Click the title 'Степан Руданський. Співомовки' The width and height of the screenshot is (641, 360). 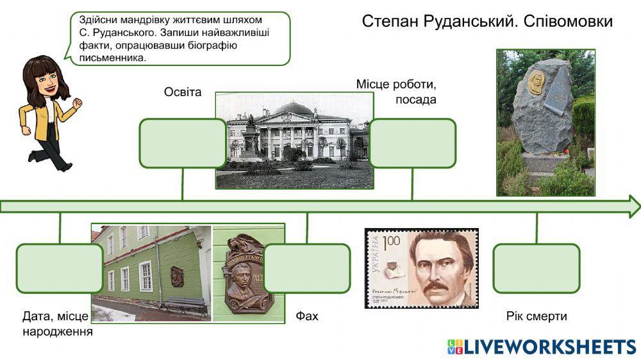487,21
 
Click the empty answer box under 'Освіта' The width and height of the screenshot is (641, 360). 183,143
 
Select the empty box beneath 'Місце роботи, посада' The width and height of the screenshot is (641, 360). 413,143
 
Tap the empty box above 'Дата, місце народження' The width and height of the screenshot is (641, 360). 59,268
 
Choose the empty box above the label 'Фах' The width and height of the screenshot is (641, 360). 307,268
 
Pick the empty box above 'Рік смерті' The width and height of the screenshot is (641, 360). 536,268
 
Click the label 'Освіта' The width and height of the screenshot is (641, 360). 183,92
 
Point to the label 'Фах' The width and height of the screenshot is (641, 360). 307,316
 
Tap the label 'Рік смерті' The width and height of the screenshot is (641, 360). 537,316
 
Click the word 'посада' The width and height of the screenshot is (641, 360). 415,100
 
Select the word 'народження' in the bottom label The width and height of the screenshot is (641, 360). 58,332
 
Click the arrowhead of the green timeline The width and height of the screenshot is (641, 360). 633,206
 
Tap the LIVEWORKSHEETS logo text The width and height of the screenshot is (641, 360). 550,347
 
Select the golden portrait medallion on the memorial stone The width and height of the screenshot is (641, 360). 536,82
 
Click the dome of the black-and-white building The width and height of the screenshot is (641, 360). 293,107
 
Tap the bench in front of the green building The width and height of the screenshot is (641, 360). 184,306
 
